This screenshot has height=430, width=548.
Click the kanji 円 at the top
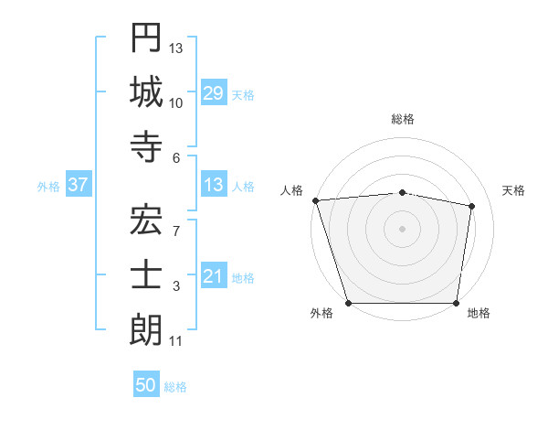click(146, 39)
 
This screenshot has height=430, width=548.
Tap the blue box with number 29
click(214, 92)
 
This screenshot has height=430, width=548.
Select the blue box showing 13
click(214, 185)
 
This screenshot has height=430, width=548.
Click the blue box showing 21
click(214, 276)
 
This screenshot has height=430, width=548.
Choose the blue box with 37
click(79, 185)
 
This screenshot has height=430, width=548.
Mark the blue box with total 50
click(146, 385)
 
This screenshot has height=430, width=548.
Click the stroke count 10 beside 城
click(176, 102)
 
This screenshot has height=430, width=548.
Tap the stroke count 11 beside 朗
click(176, 341)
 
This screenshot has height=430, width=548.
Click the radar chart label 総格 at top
click(403, 119)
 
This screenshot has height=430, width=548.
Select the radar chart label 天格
click(514, 190)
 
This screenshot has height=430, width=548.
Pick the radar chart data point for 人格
click(315, 200)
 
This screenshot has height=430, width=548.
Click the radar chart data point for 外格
click(349, 303)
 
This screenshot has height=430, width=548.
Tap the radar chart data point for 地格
click(456, 303)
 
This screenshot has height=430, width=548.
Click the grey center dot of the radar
click(403, 229)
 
